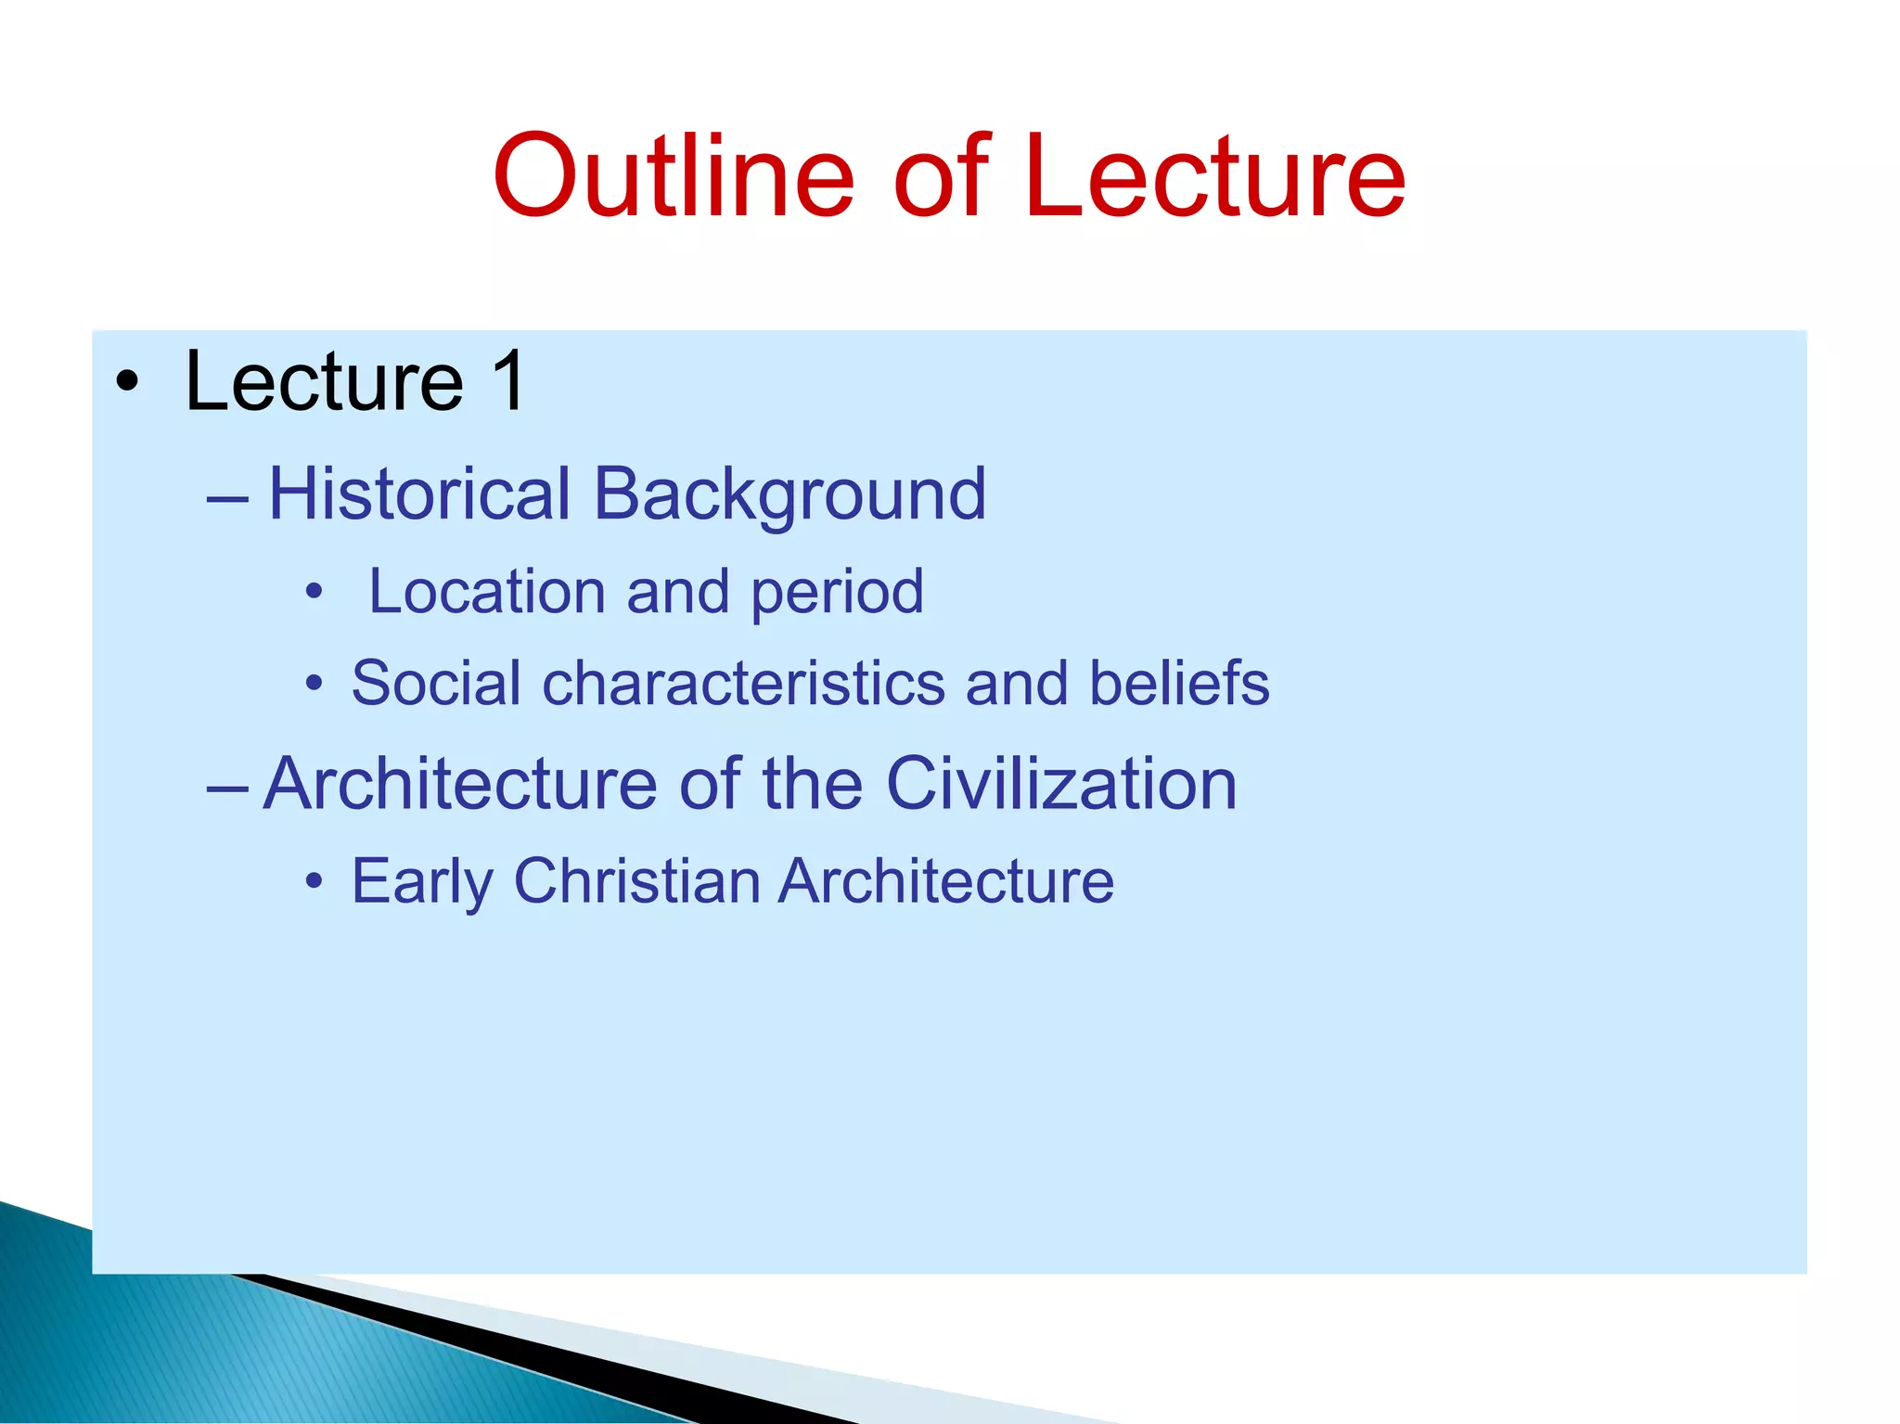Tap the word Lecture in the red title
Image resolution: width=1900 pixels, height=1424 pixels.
coord(1215,176)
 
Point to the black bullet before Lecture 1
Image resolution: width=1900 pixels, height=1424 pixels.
coord(128,382)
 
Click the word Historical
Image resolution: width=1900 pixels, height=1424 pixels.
coord(419,494)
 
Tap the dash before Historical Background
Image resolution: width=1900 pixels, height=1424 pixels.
coord(228,498)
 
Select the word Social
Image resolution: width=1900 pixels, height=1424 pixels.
coord(436,683)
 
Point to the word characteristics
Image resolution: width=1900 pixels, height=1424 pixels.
coord(743,683)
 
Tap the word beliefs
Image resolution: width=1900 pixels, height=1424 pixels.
coord(1178,683)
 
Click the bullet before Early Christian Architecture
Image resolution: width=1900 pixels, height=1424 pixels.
coord(315,880)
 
